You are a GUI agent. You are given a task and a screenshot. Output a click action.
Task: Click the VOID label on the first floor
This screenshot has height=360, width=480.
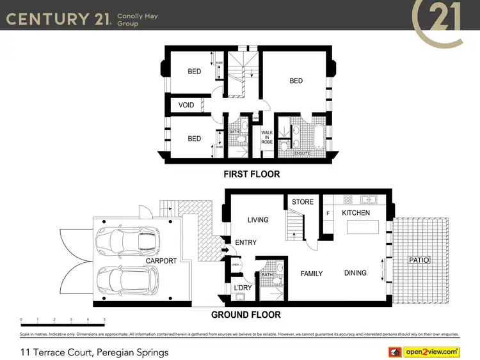click(x=186, y=105)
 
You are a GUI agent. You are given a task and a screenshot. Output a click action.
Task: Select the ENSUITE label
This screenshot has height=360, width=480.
click(x=302, y=153)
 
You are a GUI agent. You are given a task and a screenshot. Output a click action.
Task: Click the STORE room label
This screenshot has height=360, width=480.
click(x=303, y=202)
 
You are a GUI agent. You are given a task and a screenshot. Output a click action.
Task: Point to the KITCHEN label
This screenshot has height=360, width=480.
click(x=356, y=213)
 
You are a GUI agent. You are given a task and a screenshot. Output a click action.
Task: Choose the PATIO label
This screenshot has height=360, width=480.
click(x=419, y=260)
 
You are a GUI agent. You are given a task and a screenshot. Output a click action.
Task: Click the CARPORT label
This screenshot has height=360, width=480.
click(x=161, y=261)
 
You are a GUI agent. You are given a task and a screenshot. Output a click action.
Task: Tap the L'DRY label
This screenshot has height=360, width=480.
click(x=242, y=288)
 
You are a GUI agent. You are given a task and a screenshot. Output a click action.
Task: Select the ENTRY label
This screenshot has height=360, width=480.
click(x=246, y=242)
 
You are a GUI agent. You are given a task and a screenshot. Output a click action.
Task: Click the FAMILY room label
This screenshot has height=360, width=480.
click(x=312, y=274)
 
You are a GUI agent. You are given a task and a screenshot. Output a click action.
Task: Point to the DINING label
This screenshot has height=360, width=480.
click(x=355, y=273)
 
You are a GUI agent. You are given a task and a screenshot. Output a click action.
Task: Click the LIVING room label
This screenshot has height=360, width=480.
click(x=258, y=220)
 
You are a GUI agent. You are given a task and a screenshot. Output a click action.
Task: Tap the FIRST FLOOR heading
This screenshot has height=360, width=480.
click(x=251, y=174)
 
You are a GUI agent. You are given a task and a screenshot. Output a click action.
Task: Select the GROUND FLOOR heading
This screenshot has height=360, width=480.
click(x=246, y=315)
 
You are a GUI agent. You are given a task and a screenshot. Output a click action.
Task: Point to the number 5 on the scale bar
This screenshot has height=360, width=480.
click(x=104, y=319)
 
